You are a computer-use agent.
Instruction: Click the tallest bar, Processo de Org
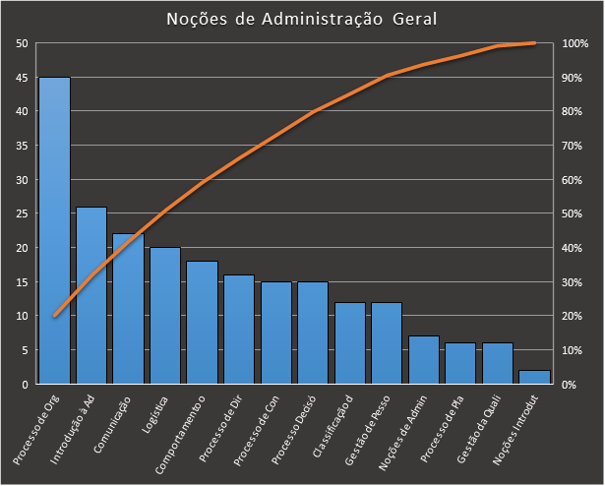[x=54, y=230]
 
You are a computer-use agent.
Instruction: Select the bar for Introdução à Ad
[x=91, y=295]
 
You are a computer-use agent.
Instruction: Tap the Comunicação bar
[x=128, y=309]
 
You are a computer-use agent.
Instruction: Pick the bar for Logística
[x=165, y=316]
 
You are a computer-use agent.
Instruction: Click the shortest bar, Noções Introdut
[x=534, y=377]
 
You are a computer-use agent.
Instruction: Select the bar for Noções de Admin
[x=424, y=360]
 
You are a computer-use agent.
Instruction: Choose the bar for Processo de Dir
[x=239, y=330]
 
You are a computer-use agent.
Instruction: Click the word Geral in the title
[x=415, y=19]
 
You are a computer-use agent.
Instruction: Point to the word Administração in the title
[x=323, y=20]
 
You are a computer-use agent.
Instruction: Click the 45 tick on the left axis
[x=22, y=78]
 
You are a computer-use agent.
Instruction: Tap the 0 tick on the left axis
[x=25, y=385]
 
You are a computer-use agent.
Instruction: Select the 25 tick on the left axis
[x=22, y=213]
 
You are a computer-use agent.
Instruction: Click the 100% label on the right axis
[x=575, y=43]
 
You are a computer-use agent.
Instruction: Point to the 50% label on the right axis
[x=573, y=213]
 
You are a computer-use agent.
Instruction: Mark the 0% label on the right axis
[x=570, y=385]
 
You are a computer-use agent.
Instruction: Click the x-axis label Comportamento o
[x=180, y=435]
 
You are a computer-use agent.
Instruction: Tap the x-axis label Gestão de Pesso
[x=367, y=430]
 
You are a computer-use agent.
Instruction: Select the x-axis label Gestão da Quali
[x=478, y=429]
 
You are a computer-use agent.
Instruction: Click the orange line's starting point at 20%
[x=55, y=316]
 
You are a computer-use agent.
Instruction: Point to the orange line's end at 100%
[x=534, y=43]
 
